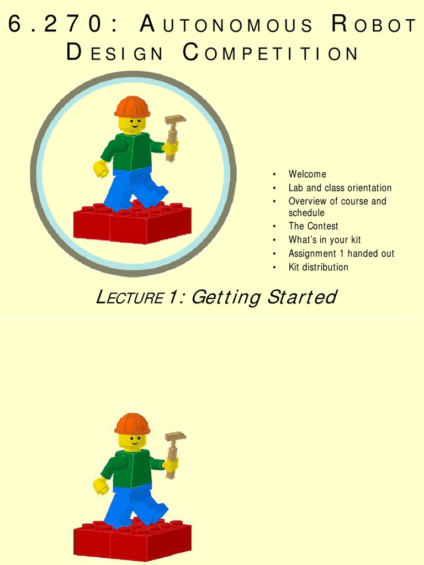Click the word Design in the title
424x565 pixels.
pyautogui.click(x=115, y=54)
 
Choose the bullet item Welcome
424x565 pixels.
pyautogui.click(x=307, y=174)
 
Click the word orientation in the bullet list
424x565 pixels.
pyautogui.click(x=369, y=188)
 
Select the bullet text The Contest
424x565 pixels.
pyautogui.click(x=313, y=226)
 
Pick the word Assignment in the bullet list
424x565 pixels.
pyautogui.click(x=311, y=254)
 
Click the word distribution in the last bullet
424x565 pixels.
pyautogui.click(x=326, y=267)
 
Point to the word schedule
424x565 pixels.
pyautogui.click(x=306, y=213)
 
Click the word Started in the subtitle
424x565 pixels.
pyautogui.click(x=301, y=297)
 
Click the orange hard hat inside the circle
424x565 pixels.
pyautogui.click(x=132, y=106)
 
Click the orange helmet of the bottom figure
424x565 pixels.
pyautogui.click(x=132, y=424)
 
